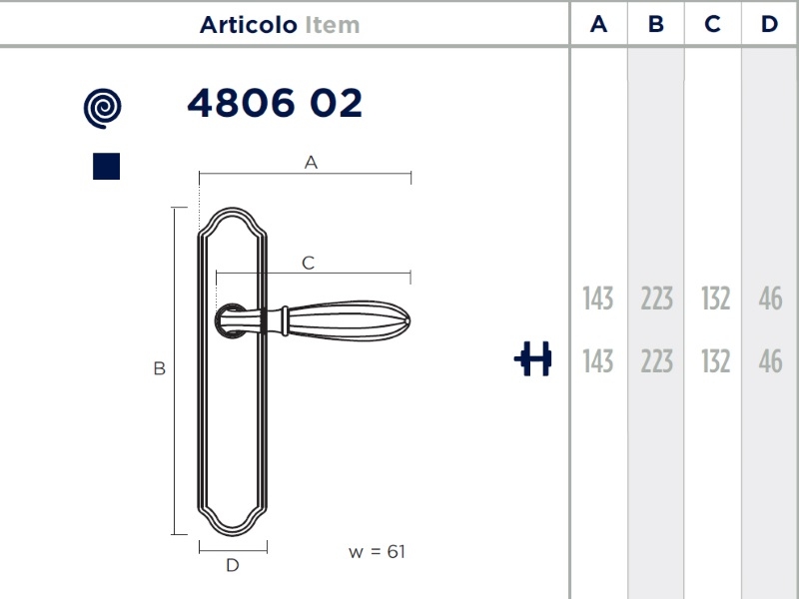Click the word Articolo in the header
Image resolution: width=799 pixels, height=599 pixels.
click(x=248, y=25)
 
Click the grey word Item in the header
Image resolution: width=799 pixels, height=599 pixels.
click(x=333, y=25)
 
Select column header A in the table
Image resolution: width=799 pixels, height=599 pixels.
click(x=598, y=24)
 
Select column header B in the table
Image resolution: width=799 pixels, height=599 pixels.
click(x=656, y=24)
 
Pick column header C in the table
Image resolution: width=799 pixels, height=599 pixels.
click(x=712, y=24)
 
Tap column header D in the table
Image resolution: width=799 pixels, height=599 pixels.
click(x=769, y=24)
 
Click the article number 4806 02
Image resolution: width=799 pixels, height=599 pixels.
click(x=275, y=103)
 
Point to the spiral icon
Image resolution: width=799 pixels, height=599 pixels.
click(x=103, y=108)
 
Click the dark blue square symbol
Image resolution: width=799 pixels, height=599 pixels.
click(x=107, y=166)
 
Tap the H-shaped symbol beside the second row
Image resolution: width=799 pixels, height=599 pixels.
click(x=533, y=359)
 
